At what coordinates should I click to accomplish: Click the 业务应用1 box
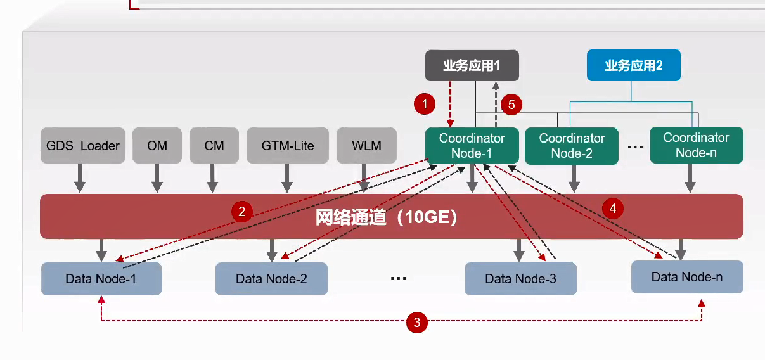[472, 65]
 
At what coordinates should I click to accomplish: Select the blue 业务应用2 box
[634, 65]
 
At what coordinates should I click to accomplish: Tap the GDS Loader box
[83, 146]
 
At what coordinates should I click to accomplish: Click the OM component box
[157, 146]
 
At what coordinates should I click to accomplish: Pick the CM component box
[214, 146]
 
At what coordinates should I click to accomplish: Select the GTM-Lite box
[287, 146]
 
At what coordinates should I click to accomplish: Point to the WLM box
[366, 146]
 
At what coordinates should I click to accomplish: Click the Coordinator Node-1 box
[472, 146]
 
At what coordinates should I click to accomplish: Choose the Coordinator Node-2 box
[572, 146]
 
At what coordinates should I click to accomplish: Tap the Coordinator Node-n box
[696, 145]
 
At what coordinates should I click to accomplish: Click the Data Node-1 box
[101, 279]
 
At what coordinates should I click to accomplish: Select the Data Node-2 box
[271, 279]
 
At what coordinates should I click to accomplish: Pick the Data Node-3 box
[520, 279]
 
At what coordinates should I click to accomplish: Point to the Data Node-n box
[687, 277]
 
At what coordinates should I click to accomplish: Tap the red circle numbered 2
[241, 210]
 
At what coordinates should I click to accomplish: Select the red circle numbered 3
[417, 323]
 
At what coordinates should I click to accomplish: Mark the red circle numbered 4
[612, 208]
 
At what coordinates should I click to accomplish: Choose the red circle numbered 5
[511, 104]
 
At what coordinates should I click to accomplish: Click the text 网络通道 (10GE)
[387, 217]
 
